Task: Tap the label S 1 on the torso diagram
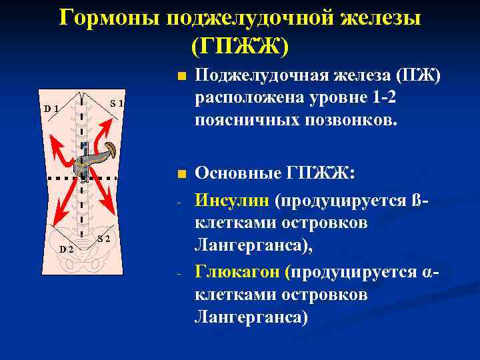(x=117, y=103)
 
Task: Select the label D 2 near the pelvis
(x=65, y=249)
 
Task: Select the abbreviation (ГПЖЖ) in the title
(x=240, y=46)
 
